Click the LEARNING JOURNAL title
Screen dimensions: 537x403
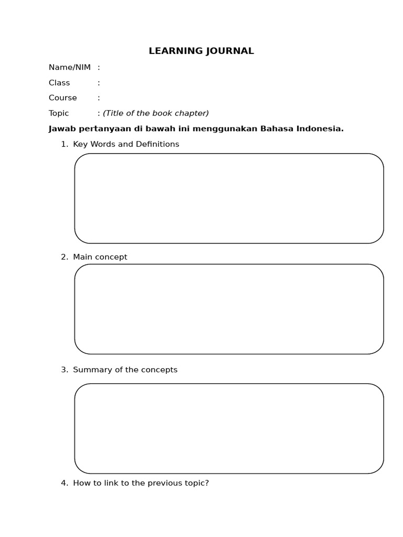click(x=201, y=51)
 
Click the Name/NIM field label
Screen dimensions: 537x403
click(x=69, y=67)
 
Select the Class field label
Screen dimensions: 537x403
click(x=59, y=82)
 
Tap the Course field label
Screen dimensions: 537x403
click(x=62, y=98)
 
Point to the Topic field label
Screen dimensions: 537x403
click(x=59, y=113)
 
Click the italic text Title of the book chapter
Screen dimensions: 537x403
click(x=156, y=113)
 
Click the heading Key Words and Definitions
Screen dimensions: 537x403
click(x=126, y=144)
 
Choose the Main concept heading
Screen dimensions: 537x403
click(x=100, y=257)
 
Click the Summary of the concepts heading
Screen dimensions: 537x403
click(x=125, y=370)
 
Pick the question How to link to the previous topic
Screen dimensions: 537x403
click(x=141, y=483)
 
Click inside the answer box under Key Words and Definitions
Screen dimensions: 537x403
click(x=229, y=198)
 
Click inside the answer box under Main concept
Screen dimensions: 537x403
click(x=229, y=309)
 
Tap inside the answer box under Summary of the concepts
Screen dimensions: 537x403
click(x=229, y=428)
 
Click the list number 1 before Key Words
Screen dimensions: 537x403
click(x=63, y=144)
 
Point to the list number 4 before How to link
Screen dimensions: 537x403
click(x=63, y=483)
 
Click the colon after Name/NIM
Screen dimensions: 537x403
click(x=99, y=67)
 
